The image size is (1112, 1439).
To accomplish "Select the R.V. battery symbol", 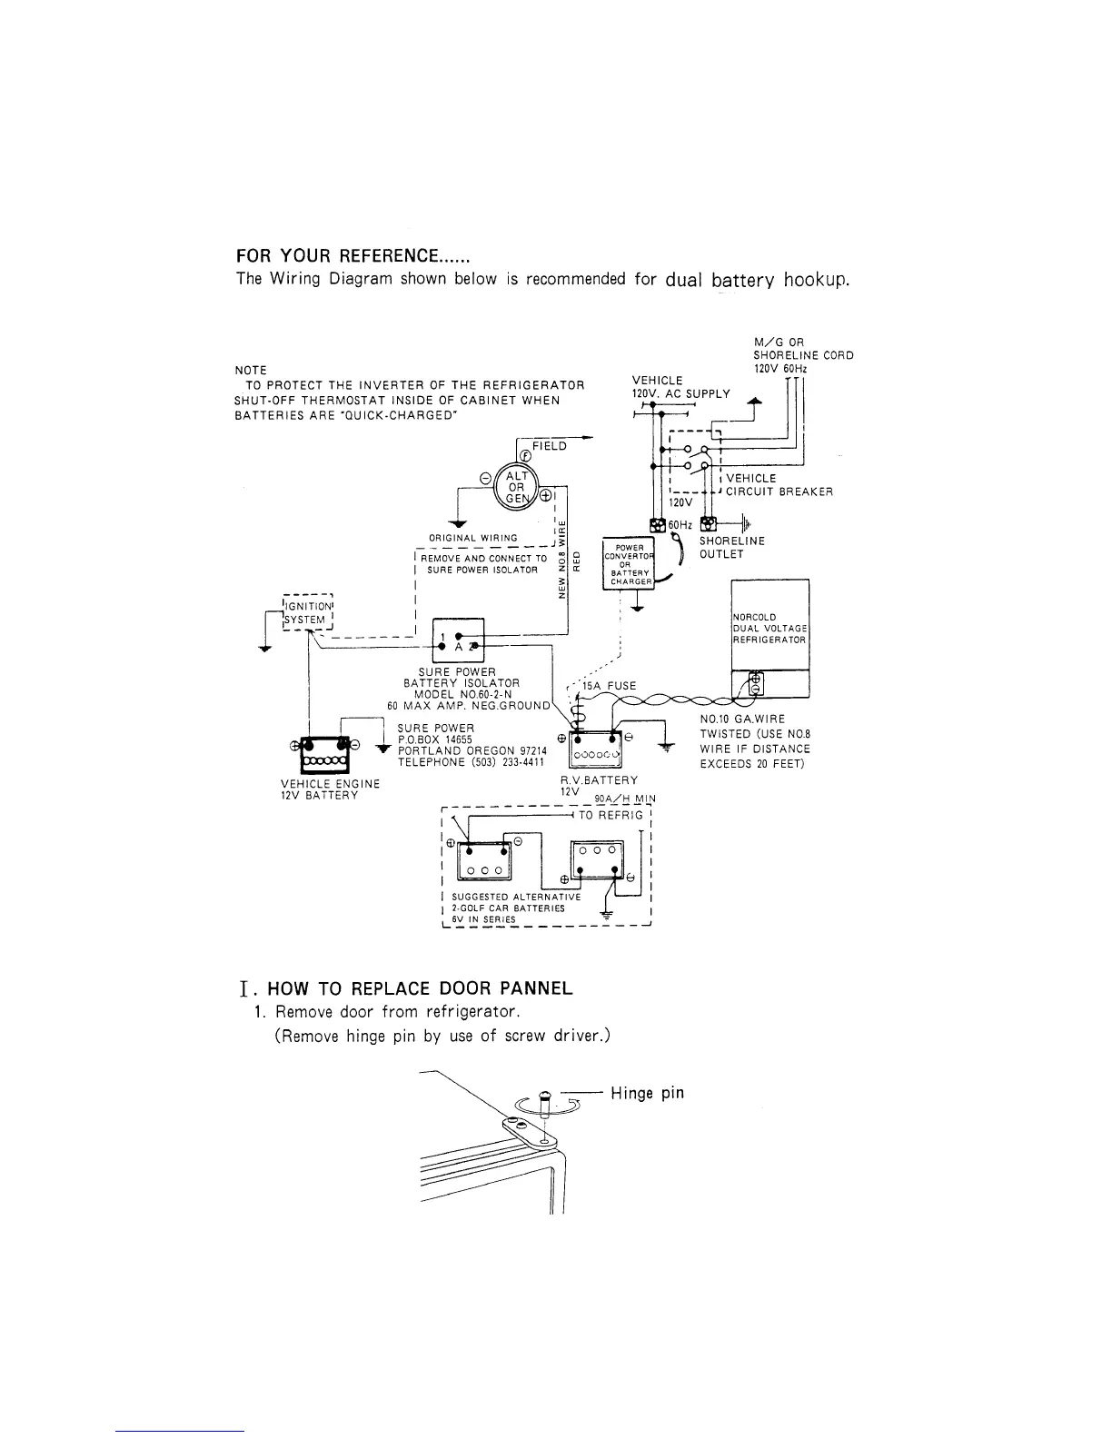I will click(593, 749).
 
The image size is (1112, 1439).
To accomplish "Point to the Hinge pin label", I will click(647, 1093).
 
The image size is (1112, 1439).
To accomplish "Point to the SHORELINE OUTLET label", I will click(731, 547).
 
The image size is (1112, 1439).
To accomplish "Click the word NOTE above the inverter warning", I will click(250, 370).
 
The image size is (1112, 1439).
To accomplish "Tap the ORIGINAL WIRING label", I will click(486, 538).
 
